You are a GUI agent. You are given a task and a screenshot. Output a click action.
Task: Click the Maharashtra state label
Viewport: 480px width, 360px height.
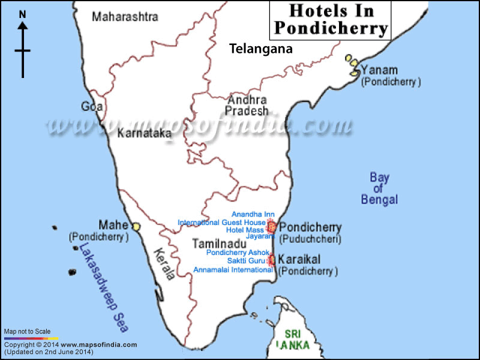(125, 17)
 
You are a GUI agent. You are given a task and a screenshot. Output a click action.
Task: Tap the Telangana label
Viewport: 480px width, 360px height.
(261, 49)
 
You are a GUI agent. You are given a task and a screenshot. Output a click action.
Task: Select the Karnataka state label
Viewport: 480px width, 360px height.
(144, 133)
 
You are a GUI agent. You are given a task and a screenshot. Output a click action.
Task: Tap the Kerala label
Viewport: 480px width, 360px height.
(164, 264)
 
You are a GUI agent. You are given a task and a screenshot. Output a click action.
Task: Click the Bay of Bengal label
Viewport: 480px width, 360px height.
(379, 188)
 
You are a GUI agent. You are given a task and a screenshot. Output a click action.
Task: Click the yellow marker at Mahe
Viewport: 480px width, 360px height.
(136, 227)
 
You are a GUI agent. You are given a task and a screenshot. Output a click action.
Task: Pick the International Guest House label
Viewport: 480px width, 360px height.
(221, 222)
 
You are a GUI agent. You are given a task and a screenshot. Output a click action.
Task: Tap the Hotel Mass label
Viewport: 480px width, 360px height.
(245, 230)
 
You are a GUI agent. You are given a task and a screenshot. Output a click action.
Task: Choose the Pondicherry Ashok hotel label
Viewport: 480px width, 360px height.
(237, 253)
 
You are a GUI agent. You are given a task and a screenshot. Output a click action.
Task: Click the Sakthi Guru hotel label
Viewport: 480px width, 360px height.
(246, 261)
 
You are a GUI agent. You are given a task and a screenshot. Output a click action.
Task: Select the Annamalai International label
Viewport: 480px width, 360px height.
(233, 270)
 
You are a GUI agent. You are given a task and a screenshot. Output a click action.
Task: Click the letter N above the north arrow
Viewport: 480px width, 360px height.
(23, 14)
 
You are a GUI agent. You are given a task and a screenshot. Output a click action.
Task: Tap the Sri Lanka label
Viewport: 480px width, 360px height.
(293, 339)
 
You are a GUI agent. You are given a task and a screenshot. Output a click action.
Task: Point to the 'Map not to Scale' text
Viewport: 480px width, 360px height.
(27, 331)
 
